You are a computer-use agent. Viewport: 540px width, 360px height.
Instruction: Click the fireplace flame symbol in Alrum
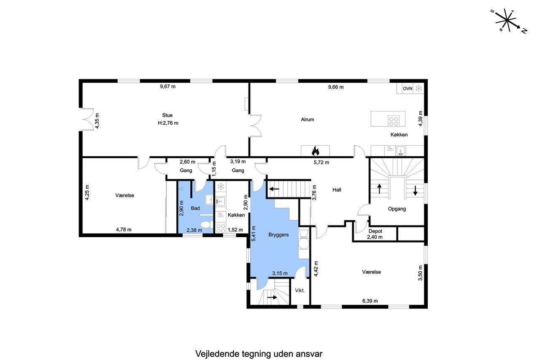click(x=315, y=151)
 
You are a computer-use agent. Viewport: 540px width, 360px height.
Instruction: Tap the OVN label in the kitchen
click(x=408, y=89)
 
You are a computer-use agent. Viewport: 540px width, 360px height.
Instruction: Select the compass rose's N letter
click(x=524, y=31)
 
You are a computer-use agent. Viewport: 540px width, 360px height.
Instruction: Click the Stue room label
click(x=167, y=115)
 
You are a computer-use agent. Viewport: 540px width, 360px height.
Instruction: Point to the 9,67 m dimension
click(x=168, y=87)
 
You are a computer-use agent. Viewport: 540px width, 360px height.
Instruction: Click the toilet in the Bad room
click(x=207, y=225)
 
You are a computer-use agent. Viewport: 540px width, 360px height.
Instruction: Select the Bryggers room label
click(x=278, y=235)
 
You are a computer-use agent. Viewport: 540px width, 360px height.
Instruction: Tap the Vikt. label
click(x=300, y=290)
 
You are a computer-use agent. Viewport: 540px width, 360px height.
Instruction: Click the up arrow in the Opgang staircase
click(x=379, y=189)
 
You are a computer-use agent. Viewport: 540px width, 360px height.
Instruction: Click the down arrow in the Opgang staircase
click(x=415, y=190)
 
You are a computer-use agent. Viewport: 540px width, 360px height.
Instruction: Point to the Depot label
click(x=375, y=231)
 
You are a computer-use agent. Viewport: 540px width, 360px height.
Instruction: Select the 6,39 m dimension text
click(x=370, y=301)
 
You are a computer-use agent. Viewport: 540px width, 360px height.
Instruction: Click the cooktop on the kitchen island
click(x=394, y=121)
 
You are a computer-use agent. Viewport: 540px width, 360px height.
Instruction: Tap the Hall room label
click(x=337, y=190)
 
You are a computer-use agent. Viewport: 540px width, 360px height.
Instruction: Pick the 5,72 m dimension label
click(x=321, y=162)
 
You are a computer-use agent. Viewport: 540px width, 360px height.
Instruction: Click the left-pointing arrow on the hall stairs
click(x=274, y=189)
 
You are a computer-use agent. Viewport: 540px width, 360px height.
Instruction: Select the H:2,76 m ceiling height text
click(x=168, y=123)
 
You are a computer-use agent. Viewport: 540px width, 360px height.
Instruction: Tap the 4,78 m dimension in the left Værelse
click(x=124, y=230)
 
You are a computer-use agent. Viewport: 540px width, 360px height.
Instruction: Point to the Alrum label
click(x=308, y=119)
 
